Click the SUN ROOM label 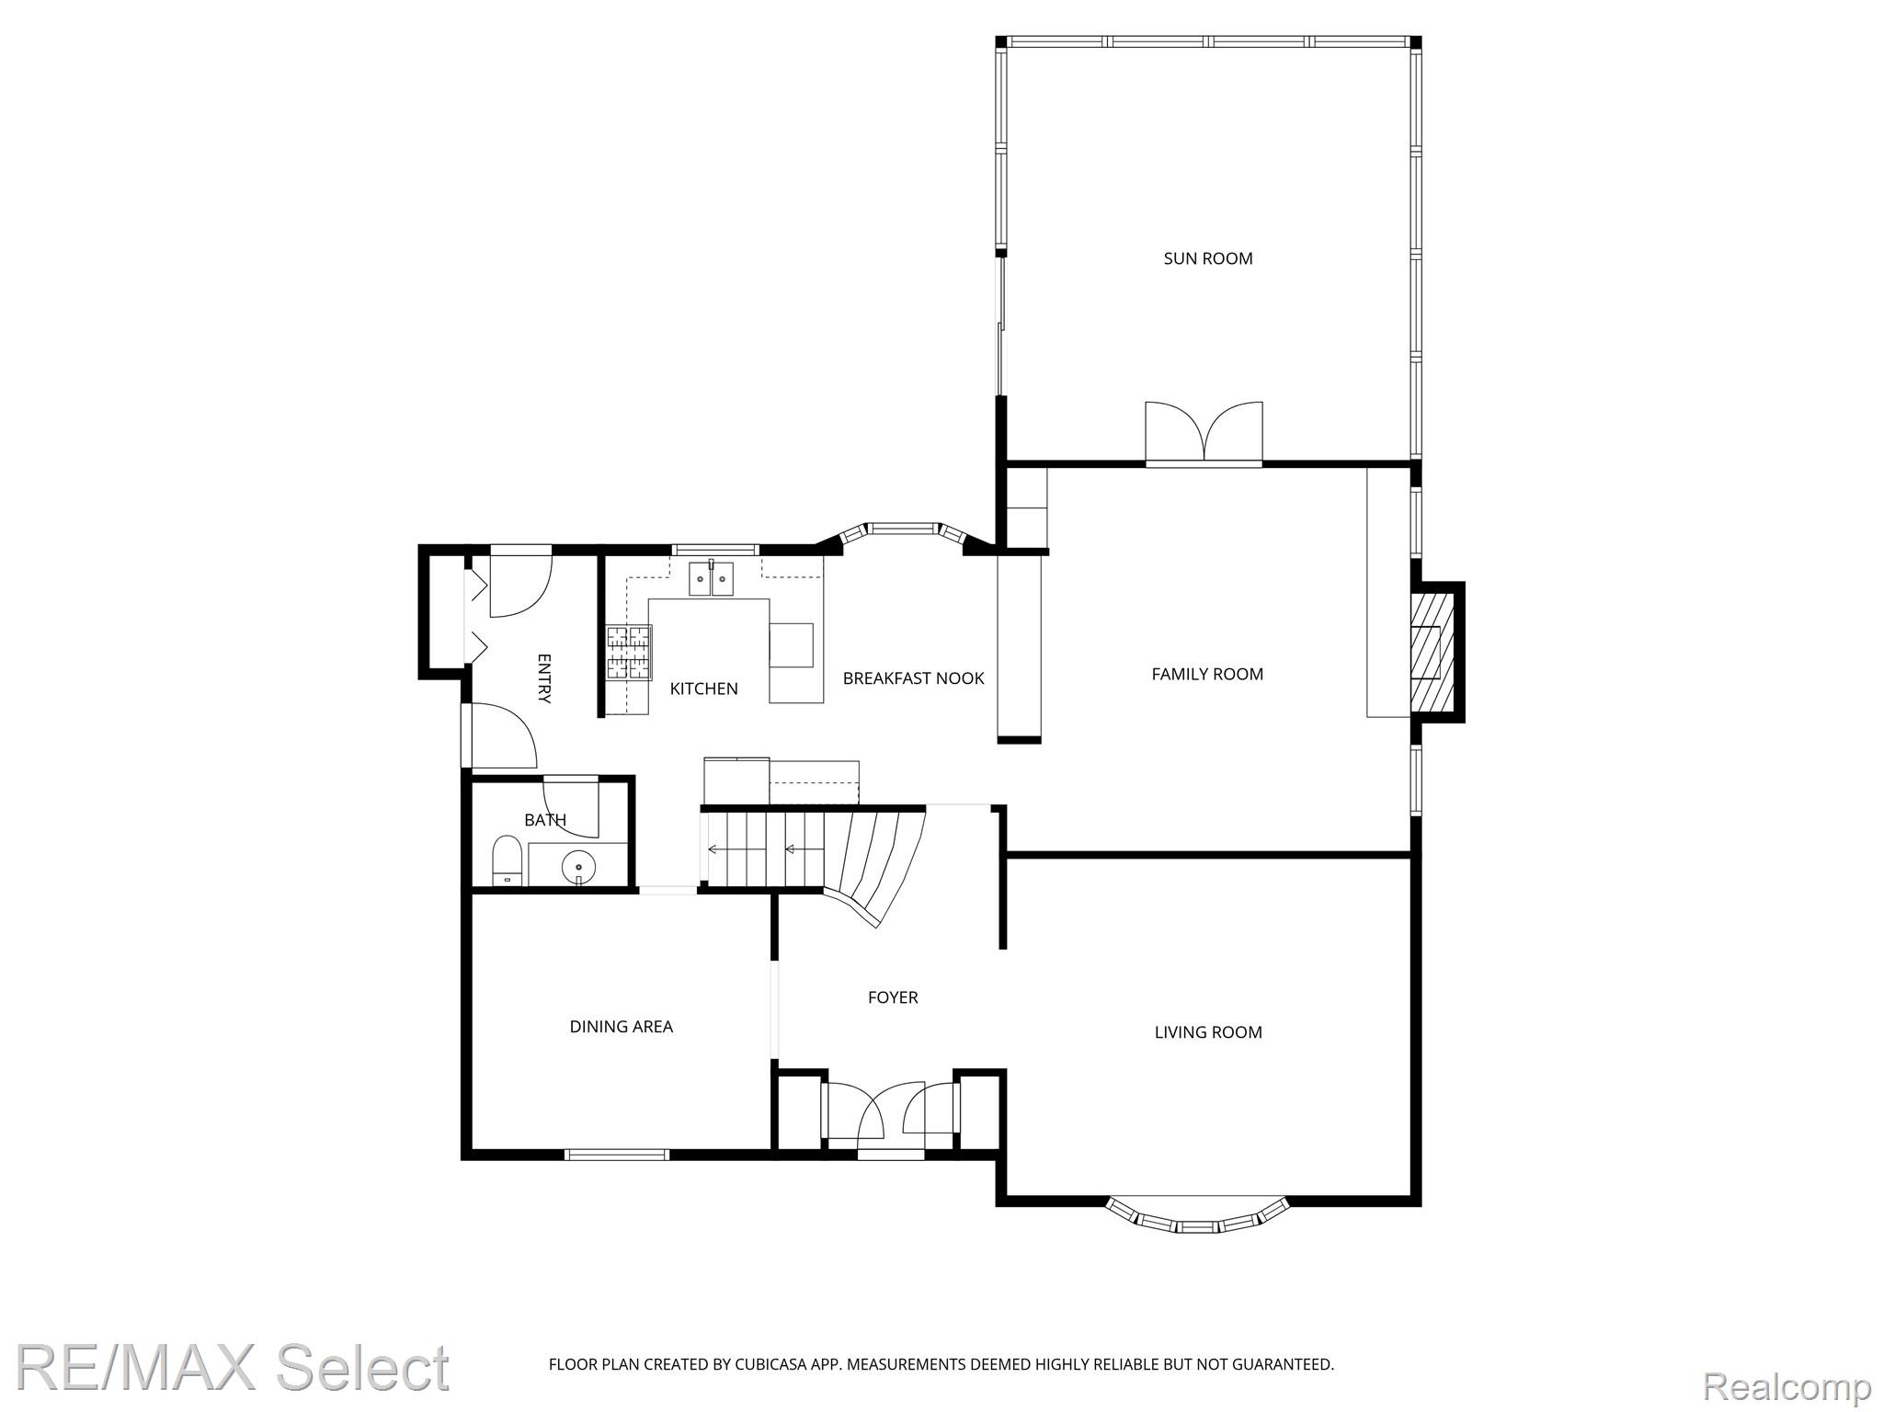pos(1208,258)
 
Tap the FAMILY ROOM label pos(1207,674)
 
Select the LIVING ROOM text pos(1208,1032)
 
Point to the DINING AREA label pos(622,1026)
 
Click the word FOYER pos(893,996)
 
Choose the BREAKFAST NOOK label pos(913,678)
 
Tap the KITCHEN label pos(703,689)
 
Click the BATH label pos(545,819)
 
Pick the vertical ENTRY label pos(543,678)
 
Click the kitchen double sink pos(712,578)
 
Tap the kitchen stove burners pos(629,653)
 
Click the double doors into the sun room pos(1204,433)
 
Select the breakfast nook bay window pos(904,532)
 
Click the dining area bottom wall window pos(617,1155)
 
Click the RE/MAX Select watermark pos(234,1367)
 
